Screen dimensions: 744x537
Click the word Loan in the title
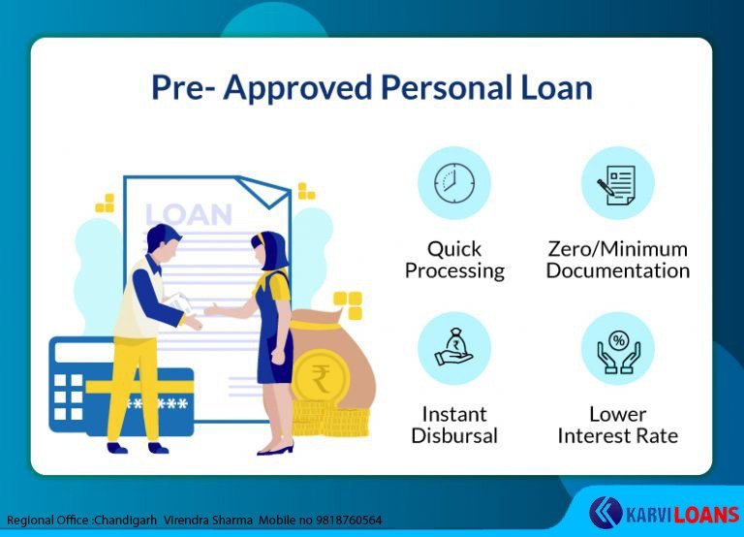point(557,88)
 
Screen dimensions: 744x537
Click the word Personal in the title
point(447,88)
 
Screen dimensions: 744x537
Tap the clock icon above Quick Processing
point(454,183)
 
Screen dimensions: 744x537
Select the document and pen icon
point(617,185)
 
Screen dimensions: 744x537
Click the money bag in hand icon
point(454,348)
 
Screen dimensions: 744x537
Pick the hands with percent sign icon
point(618,352)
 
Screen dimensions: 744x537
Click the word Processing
point(454,271)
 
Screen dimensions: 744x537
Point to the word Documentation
point(618,270)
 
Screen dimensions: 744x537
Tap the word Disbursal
point(454,435)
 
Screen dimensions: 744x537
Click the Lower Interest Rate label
point(618,425)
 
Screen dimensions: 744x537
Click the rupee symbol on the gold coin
point(321,378)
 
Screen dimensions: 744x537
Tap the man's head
point(164,241)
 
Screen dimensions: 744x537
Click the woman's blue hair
point(271,249)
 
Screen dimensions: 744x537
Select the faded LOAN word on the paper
point(188,214)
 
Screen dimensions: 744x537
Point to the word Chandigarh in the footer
point(125,521)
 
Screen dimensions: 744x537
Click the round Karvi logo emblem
point(605,513)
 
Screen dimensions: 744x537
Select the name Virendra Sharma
point(208,521)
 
